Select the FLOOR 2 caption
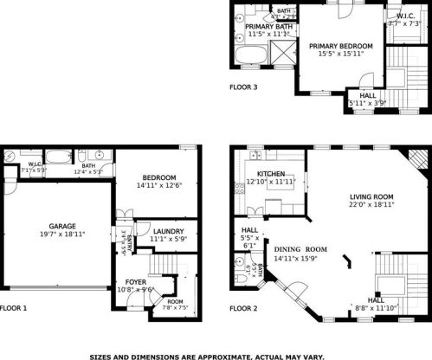tap(243, 307)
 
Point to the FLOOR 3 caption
tap(243, 87)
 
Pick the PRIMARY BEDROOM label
tap(340, 46)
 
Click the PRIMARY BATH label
tap(265, 26)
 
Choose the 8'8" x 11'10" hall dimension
tap(379, 307)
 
